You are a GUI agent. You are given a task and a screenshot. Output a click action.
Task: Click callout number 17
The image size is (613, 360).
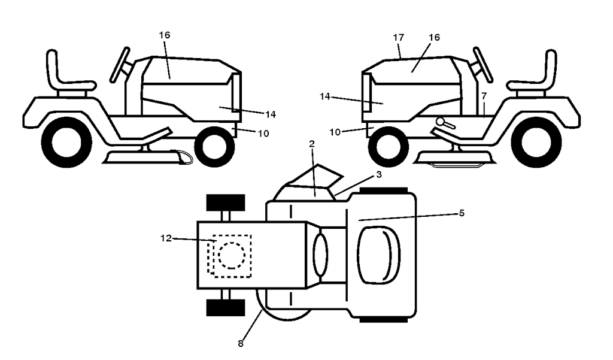click(398, 38)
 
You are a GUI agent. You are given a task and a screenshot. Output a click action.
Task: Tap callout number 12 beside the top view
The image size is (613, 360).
click(166, 238)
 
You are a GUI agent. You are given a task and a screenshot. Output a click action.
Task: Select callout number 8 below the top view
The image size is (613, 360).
click(241, 344)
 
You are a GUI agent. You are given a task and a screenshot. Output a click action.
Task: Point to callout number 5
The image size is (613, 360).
click(462, 213)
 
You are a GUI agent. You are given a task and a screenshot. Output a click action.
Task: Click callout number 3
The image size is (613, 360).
click(378, 174)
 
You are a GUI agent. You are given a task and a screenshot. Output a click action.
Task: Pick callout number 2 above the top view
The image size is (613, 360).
click(311, 144)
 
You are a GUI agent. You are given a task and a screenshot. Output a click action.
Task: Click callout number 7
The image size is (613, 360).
click(484, 96)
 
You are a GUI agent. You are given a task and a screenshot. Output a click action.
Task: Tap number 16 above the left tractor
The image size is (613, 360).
click(165, 35)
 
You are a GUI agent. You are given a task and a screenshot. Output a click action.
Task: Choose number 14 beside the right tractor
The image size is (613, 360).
click(325, 96)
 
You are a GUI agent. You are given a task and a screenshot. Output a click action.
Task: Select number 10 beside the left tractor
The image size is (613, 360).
click(263, 134)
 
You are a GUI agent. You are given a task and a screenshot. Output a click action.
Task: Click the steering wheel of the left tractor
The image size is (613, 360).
click(120, 65)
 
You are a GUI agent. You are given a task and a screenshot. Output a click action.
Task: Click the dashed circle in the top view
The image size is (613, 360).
click(232, 256)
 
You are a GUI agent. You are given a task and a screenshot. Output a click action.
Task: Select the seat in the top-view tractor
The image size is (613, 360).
click(379, 255)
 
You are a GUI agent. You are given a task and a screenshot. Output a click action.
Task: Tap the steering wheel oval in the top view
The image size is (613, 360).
click(321, 255)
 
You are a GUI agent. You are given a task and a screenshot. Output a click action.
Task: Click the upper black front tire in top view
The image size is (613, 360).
click(226, 202)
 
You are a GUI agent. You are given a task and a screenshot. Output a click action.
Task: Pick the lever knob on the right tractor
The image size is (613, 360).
click(441, 122)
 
